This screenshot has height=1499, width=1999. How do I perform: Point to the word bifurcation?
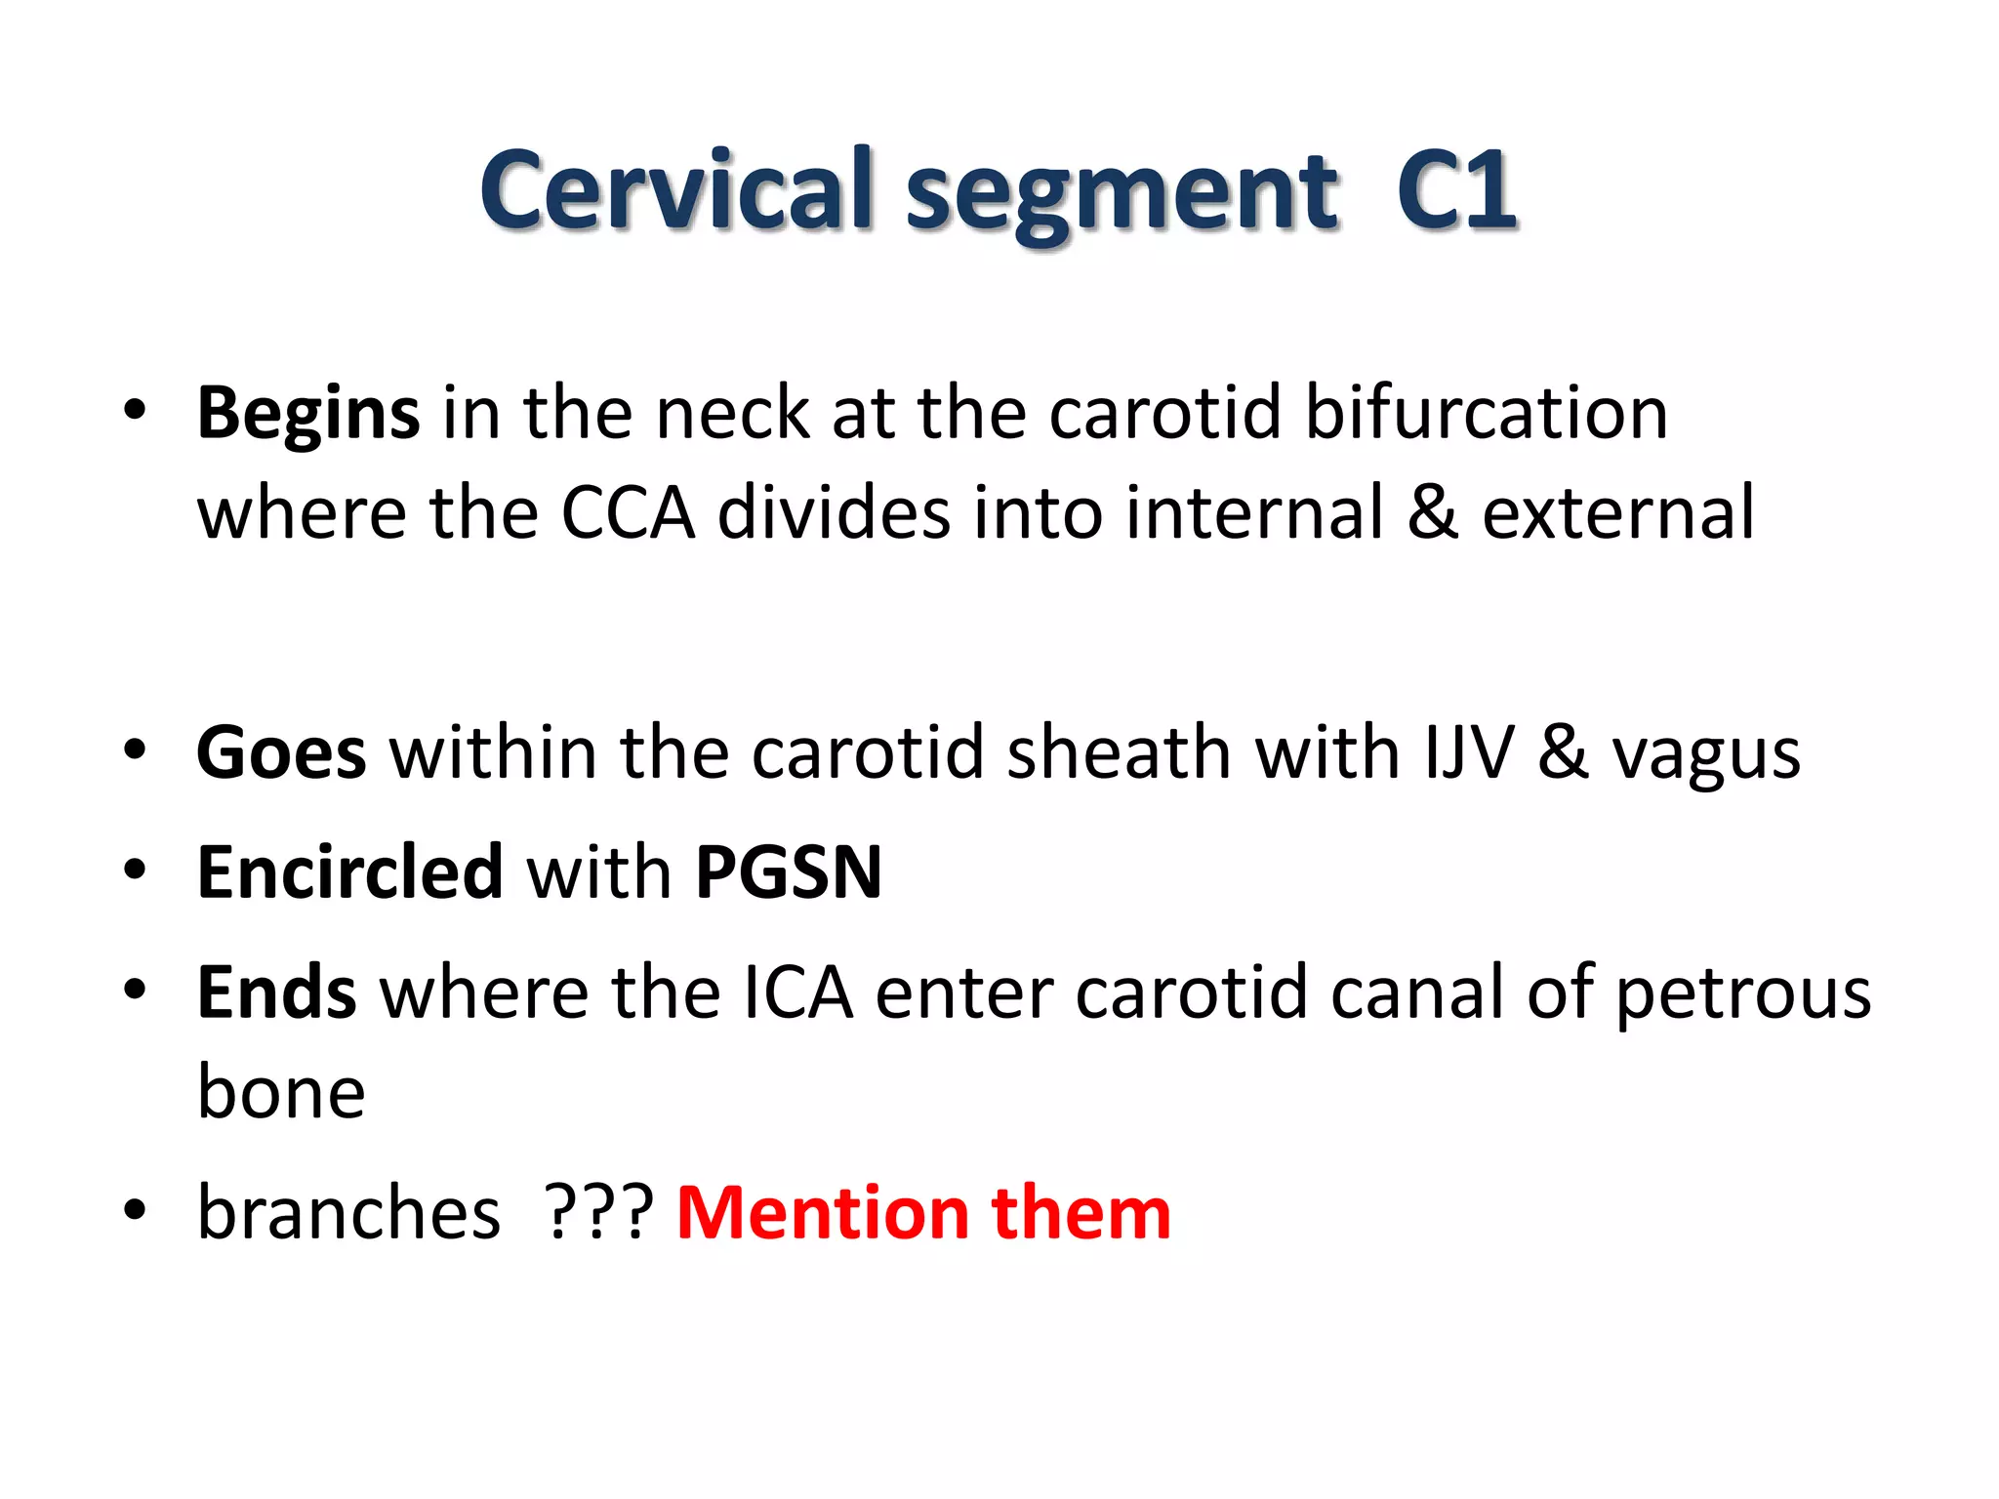1486,413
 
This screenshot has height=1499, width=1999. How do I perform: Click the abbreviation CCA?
628,512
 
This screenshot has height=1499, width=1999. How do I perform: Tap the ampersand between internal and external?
1433,512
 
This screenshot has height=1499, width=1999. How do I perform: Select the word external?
1618,512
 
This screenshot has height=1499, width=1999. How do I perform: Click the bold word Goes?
281,753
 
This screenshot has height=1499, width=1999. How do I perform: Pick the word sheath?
1119,752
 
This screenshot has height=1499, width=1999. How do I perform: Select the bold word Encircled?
349,871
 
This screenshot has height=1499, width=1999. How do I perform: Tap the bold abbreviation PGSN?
789,871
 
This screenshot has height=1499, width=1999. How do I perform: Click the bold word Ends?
277,993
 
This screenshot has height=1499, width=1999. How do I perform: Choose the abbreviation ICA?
798,993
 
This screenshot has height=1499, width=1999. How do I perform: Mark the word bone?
281,1091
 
